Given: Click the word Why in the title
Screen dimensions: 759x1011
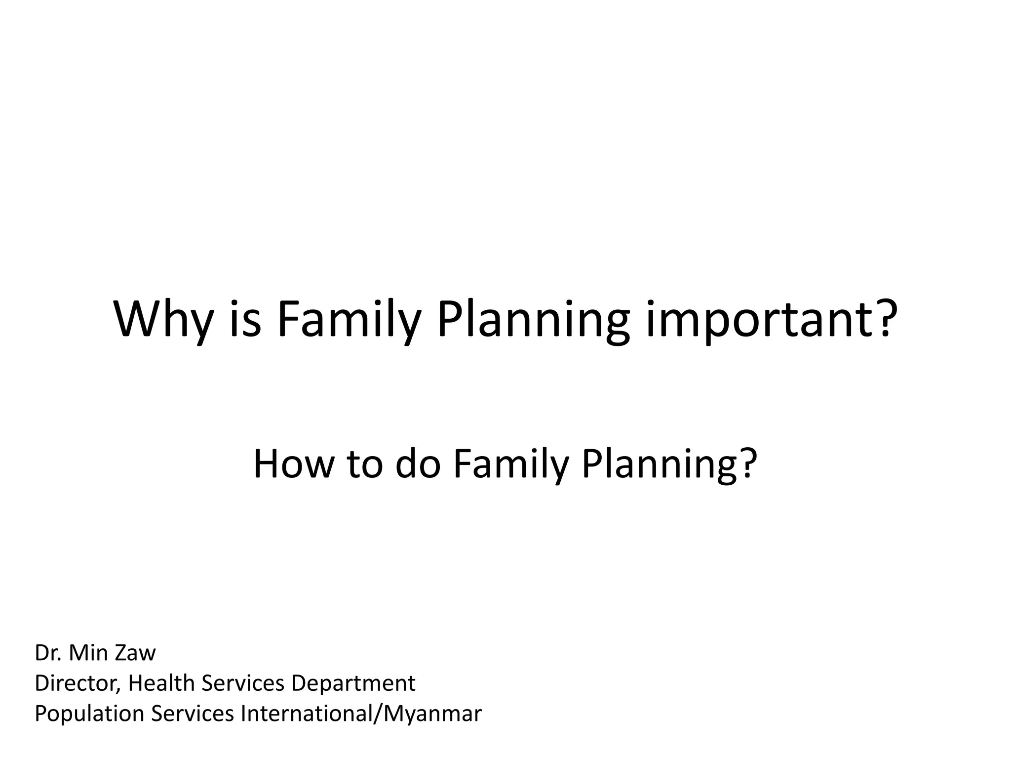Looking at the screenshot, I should pyautogui.click(x=162, y=320).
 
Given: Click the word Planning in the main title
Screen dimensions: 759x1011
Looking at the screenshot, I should pyautogui.click(x=533, y=320).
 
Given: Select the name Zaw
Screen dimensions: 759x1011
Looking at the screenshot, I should pyautogui.click(x=135, y=653).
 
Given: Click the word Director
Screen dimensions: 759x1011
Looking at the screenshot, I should pyautogui.click(x=77, y=683).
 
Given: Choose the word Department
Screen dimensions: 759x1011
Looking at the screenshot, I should pyautogui.click(x=353, y=683).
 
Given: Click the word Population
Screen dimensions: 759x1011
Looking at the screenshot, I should pyautogui.click(x=89, y=714).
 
